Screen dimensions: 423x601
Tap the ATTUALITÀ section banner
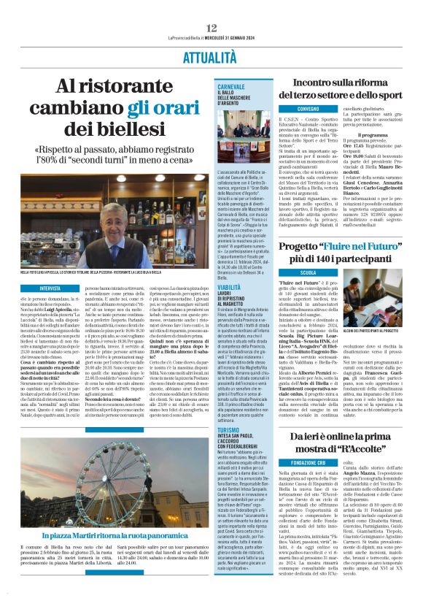(211, 57)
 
